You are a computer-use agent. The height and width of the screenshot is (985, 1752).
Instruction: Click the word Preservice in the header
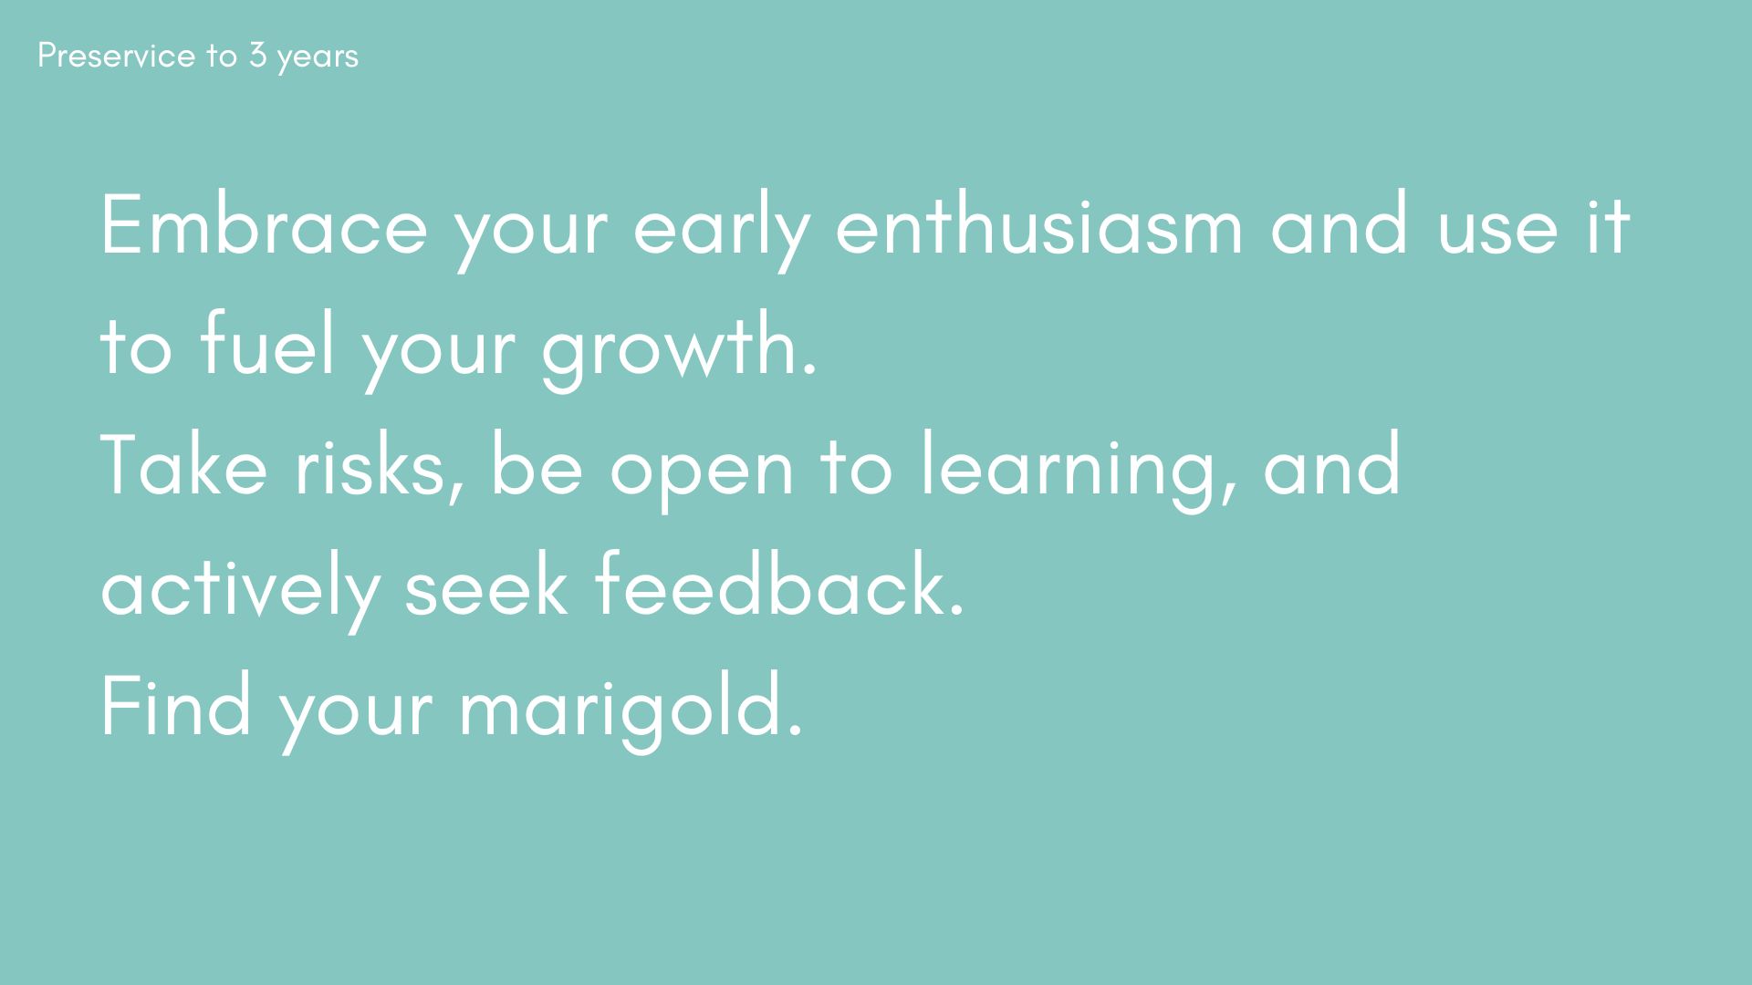tap(117, 56)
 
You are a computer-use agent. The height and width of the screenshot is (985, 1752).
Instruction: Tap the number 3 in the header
tap(257, 56)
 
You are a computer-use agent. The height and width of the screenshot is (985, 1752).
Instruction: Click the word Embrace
tap(264, 224)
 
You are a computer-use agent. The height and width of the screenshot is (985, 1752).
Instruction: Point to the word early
tap(721, 232)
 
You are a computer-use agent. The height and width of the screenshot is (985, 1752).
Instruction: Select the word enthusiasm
tap(1039, 224)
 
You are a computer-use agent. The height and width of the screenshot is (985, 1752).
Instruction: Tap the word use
tap(1498, 233)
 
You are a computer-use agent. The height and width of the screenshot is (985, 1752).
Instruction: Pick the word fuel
tap(267, 345)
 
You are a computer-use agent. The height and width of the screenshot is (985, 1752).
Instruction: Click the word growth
tap(678, 352)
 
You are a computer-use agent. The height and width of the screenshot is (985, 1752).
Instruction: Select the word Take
tap(184, 465)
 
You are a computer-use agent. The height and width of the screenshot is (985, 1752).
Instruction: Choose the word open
tap(702, 474)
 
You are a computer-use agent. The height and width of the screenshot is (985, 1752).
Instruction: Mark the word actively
tap(240, 593)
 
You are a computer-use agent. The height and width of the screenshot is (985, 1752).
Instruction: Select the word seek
tap(486, 586)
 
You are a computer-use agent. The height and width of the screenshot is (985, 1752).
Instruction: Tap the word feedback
tap(780, 586)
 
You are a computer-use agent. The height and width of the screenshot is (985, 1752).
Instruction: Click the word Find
tap(176, 706)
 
